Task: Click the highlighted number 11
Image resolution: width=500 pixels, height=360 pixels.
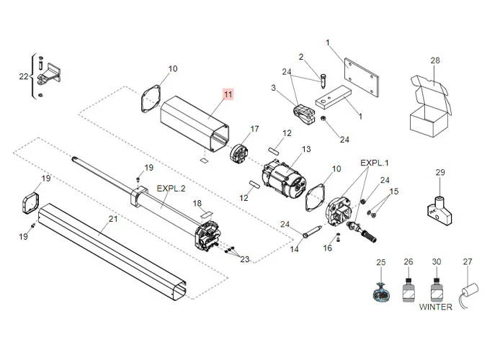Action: pyautogui.click(x=228, y=95)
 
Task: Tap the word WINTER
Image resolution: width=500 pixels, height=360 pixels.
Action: pyautogui.click(x=436, y=307)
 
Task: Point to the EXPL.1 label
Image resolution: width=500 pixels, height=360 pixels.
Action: pyautogui.click(x=375, y=163)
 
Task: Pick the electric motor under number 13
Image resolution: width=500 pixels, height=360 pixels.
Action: pyautogui.click(x=284, y=178)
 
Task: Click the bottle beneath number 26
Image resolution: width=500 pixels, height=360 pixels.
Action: pyautogui.click(x=408, y=291)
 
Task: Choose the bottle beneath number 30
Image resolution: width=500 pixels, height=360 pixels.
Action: pyautogui.click(x=435, y=291)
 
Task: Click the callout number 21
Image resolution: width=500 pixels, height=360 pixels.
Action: pyautogui.click(x=112, y=219)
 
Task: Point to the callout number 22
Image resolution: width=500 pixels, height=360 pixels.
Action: pyautogui.click(x=22, y=76)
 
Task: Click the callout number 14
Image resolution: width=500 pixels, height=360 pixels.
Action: pyautogui.click(x=294, y=249)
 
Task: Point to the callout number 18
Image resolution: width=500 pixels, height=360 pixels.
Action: pyautogui.click(x=197, y=204)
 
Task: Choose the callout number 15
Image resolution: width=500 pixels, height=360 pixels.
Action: pyautogui.click(x=393, y=192)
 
